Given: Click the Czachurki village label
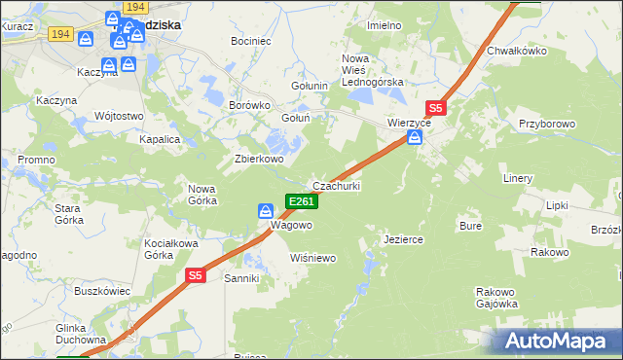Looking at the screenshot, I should click(x=336, y=186).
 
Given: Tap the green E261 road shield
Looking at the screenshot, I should click(x=301, y=201).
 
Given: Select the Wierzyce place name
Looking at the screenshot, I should click(x=409, y=124).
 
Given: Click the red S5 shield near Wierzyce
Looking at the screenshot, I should click(x=436, y=109).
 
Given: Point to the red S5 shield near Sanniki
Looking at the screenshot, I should click(x=196, y=276).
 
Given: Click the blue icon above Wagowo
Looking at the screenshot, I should click(x=265, y=210).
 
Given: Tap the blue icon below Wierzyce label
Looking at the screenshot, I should click(x=415, y=138).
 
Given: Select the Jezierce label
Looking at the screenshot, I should click(x=403, y=238).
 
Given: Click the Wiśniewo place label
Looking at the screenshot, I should click(x=313, y=258).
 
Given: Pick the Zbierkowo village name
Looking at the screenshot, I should click(x=259, y=159).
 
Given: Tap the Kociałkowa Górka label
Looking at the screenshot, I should click(x=158, y=248).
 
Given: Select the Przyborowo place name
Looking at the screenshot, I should click(x=548, y=125).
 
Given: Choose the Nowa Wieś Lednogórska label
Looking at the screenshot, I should click(x=372, y=70).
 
